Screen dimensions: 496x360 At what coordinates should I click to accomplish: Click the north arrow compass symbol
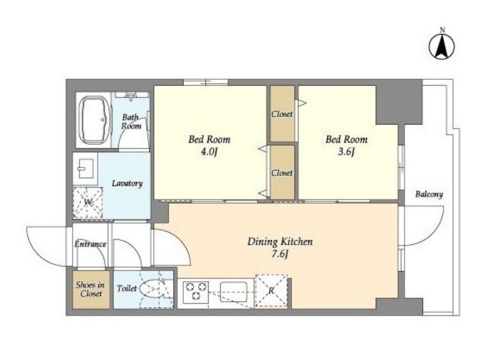coord(441,46)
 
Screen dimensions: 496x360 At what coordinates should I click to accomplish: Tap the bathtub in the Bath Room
coord(95,120)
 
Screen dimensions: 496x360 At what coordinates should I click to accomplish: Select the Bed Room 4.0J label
coord(210,146)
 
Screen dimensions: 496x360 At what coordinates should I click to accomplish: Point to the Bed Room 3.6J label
coord(346,146)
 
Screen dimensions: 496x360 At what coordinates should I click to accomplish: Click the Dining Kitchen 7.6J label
coord(280,248)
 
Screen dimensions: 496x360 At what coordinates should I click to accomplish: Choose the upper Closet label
coord(282,114)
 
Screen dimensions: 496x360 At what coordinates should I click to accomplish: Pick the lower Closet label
coord(282,173)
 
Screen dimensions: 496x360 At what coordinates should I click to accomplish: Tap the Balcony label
coord(429,194)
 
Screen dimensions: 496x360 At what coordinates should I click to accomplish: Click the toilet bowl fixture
coord(152,289)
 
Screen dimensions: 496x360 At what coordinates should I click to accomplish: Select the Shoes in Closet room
coord(91,290)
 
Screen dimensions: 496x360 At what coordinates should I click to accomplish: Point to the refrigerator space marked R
coord(272,291)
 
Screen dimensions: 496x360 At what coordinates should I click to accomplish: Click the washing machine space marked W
coord(88,202)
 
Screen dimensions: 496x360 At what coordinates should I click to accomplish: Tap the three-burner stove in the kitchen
coord(196,291)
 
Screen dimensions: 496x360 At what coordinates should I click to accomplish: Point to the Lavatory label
coord(127,183)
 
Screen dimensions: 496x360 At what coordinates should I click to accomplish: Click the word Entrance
coord(90,244)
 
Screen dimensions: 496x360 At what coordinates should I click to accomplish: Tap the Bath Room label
coord(131,121)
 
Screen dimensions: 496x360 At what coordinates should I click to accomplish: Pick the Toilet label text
coord(127,289)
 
